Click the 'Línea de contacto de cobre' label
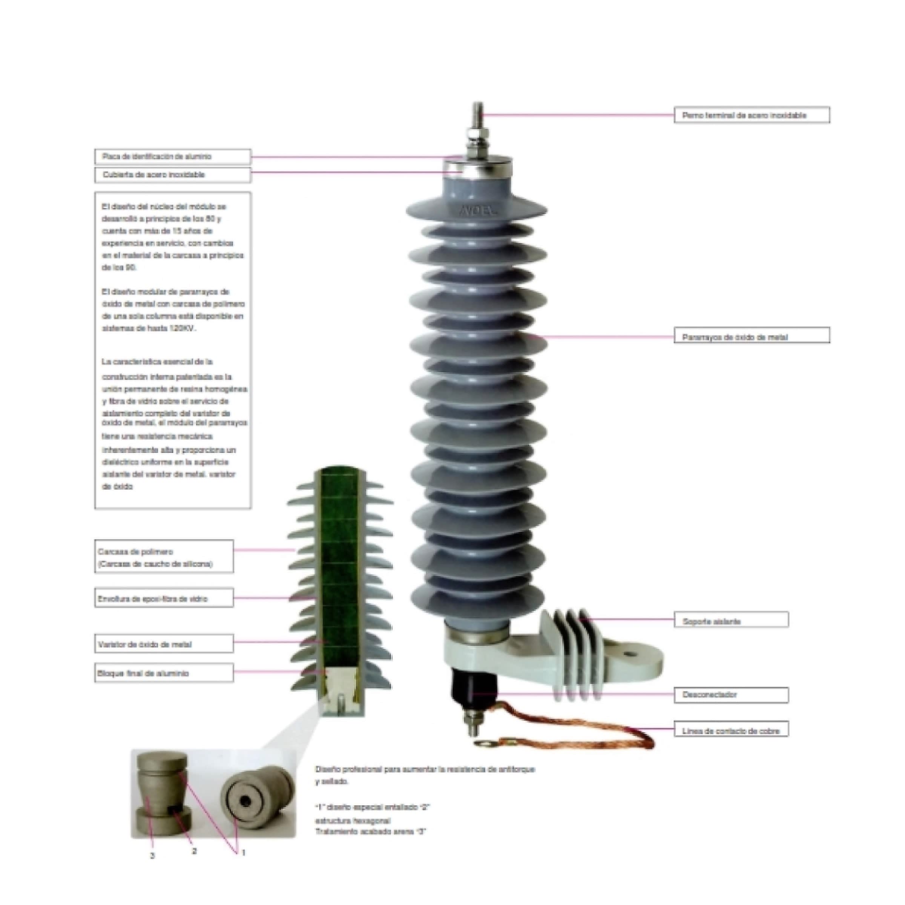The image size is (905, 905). coord(731,731)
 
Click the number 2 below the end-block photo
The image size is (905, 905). coord(195,851)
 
